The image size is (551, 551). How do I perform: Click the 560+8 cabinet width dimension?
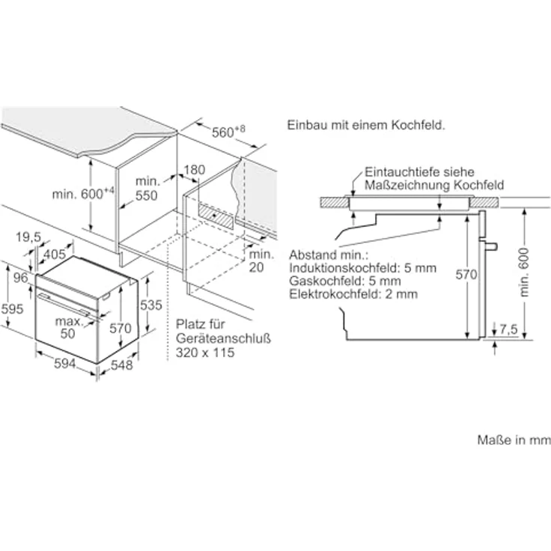(x=228, y=132)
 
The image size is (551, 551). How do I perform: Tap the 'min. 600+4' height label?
(x=83, y=194)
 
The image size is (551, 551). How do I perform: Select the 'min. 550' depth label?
(x=147, y=189)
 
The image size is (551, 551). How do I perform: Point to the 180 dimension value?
(x=195, y=170)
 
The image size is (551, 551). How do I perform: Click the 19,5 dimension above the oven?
(x=28, y=237)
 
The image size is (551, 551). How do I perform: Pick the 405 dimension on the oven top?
(x=55, y=254)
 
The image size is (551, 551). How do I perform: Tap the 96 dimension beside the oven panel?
(x=21, y=278)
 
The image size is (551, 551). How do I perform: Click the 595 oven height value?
(x=12, y=309)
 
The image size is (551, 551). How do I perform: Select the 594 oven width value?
(x=64, y=363)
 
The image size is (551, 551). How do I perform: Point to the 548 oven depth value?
(x=122, y=365)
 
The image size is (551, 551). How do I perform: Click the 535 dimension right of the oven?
(x=151, y=305)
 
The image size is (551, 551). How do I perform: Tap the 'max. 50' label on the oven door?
(x=69, y=327)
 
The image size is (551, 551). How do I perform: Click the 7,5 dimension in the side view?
(x=508, y=329)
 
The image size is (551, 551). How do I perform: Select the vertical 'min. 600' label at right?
(x=523, y=273)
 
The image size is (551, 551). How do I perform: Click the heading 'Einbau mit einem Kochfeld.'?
(x=366, y=125)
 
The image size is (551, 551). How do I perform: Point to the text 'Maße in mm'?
(x=514, y=439)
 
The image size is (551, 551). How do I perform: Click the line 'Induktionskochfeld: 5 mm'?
(x=362, y=268)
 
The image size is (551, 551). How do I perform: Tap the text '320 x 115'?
(x=205, y=352)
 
